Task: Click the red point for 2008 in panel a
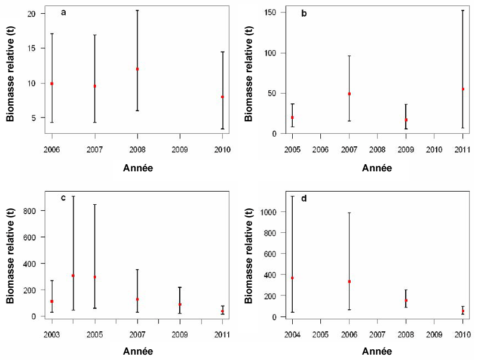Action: click(x=137, y=69)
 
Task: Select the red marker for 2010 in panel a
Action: click(x=223, y=97)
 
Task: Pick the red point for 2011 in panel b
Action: click(x=462, y=89)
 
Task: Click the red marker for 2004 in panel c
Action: click(x=73, y=276)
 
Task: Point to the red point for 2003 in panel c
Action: click(x=52, y=301)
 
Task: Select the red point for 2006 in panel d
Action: click(x=349, y=282)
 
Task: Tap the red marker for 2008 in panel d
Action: click(x=406, y=301)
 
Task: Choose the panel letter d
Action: click(x=304, y=199)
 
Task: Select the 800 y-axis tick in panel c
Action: click(x=34, y=211)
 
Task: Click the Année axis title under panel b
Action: click(x=377, y=168)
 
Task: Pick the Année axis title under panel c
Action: click(x=137, y=352)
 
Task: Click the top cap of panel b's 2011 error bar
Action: click(x=462, y=10)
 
